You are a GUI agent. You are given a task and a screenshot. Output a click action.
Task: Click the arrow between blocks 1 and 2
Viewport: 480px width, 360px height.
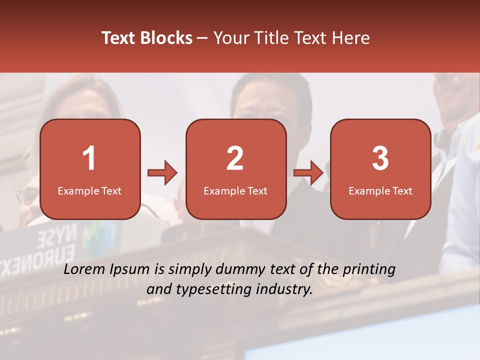point(162,173)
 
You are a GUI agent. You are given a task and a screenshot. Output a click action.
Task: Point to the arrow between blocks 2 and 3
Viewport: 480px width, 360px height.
point(308,173)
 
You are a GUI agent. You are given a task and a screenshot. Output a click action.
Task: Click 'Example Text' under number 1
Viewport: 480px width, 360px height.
point(89,190)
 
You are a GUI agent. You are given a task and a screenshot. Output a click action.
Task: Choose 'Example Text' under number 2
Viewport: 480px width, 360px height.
point(235,190)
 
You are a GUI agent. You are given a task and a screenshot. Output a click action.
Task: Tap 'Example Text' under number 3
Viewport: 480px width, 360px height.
point(380,190)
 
